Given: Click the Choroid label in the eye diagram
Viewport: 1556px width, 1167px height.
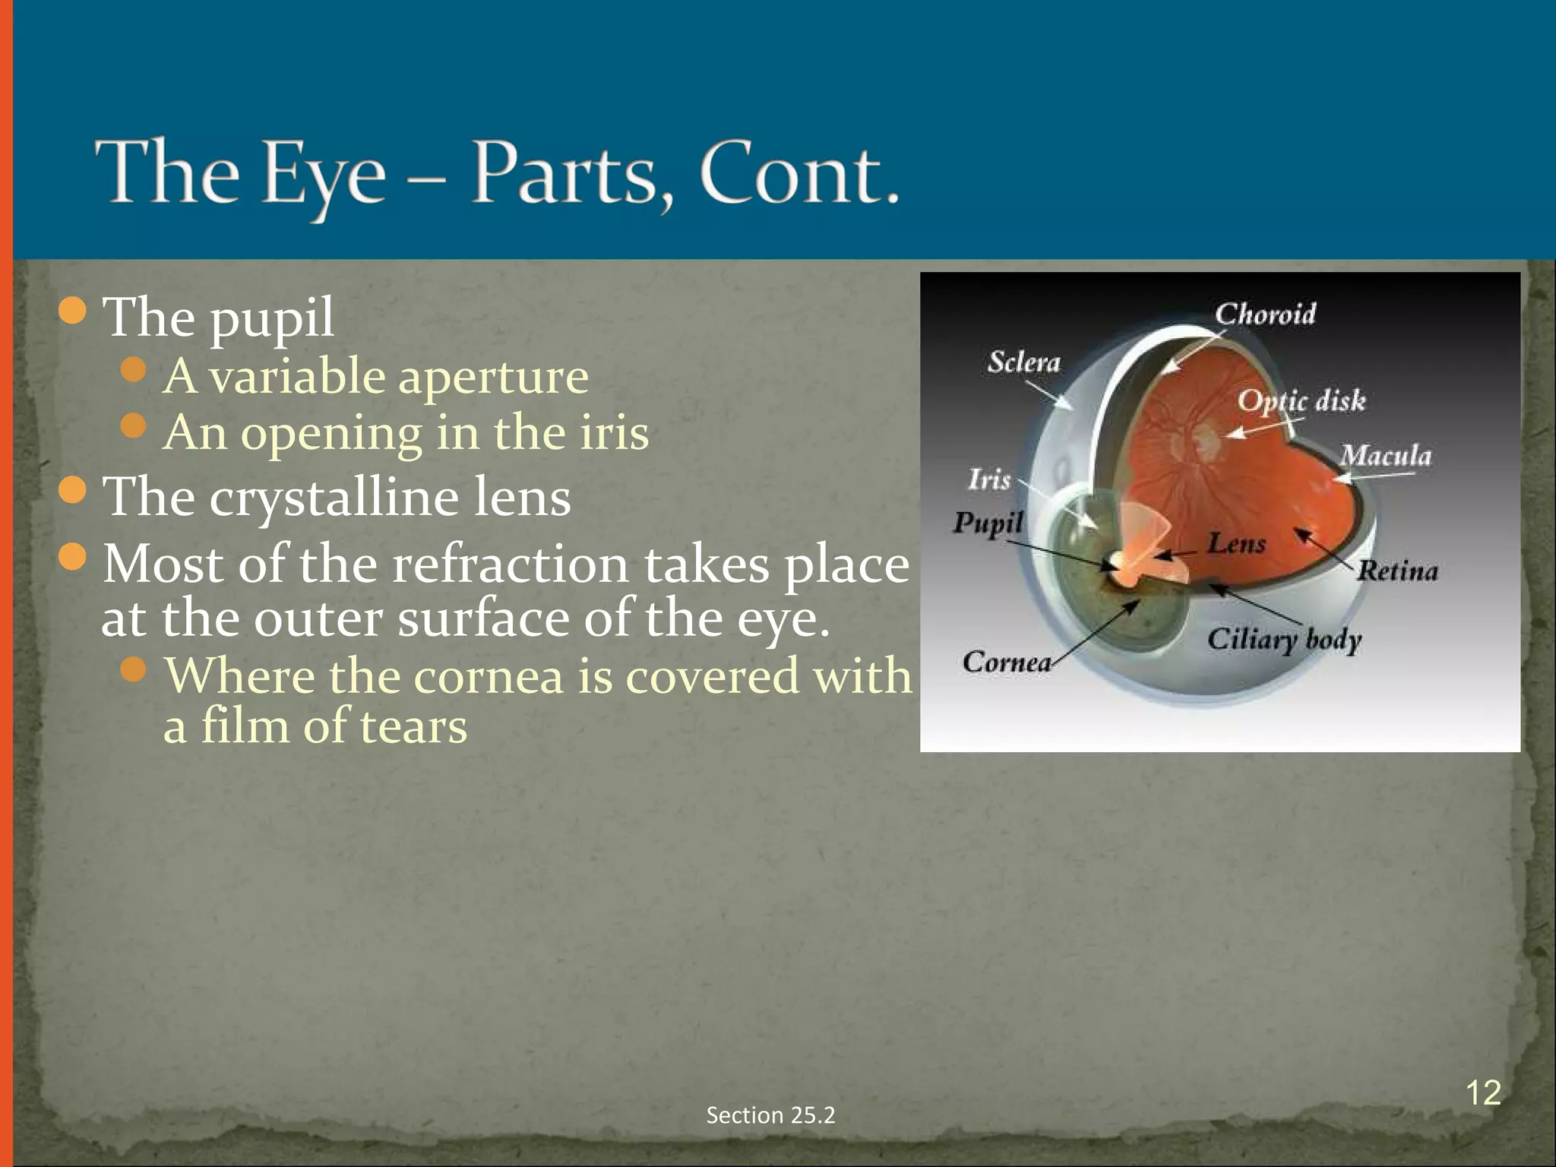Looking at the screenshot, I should click(1264, 314).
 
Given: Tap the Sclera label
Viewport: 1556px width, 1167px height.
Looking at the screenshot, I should click(1023, 362).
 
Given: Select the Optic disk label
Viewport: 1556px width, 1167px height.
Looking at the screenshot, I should click(1301, 400).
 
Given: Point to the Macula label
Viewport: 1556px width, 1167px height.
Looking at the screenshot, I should click(1385, 456).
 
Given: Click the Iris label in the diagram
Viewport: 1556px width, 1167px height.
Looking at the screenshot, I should click(989, 479).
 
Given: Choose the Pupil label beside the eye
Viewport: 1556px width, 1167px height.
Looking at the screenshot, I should click(988, 523).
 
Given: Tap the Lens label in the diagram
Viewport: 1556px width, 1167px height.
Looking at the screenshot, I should click(1237, 543).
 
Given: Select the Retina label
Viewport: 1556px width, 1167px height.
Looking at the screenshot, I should click(1397, 571).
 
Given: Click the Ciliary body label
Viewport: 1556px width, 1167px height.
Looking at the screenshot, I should click(1284, 639).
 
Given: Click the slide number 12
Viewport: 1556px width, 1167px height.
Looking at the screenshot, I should click(1482, 1093).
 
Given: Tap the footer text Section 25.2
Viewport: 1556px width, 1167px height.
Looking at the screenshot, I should click(770, 1115).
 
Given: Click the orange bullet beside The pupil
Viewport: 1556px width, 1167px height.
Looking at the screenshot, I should click(73, 311).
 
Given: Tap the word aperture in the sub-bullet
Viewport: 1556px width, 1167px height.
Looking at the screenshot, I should click(493, 377).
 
